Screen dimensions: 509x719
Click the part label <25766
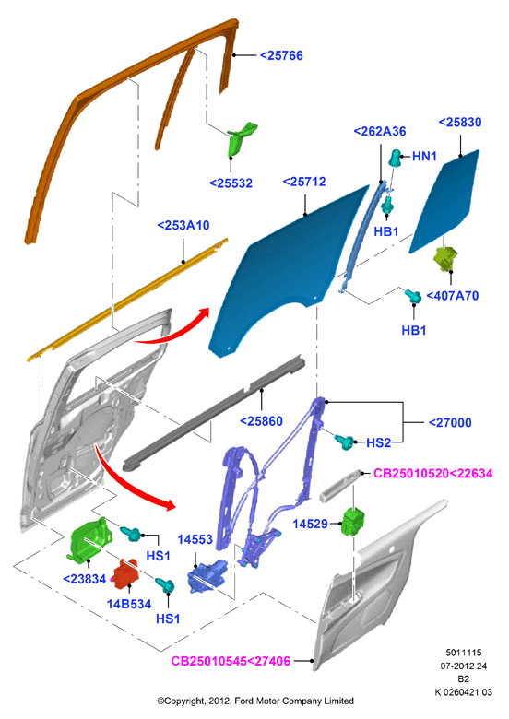tap(281, 55)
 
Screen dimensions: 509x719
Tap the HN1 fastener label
tap(424, 157)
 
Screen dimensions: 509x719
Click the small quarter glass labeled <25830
tap(444, 201)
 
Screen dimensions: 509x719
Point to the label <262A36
tap(380, 131)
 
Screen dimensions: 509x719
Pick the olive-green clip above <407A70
tap(445, 258)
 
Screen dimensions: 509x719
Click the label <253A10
tap(183, 225)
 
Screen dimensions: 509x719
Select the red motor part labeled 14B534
tap(126, 572)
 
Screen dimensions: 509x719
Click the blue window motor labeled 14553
tap(207, 576)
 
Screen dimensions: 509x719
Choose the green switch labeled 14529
tap(354, 522)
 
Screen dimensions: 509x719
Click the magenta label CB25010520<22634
tap(432, 473)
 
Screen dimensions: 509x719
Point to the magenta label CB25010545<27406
tap(231, 661)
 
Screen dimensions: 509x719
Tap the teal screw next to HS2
tap(344, 442)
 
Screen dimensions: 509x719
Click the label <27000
tap(450, 422)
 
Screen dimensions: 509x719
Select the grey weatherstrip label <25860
tap(261, 421)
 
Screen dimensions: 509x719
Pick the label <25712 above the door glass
tap(304, 182)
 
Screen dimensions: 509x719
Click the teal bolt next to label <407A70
tap(413, 296)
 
